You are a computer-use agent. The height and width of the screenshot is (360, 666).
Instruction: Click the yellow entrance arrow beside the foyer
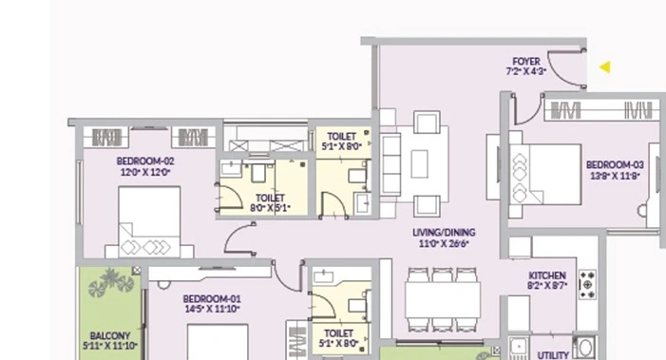click(606, 67)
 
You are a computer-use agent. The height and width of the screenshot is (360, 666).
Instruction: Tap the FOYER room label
click(526, 62)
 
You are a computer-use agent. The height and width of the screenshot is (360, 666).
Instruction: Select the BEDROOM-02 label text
click(145, 161)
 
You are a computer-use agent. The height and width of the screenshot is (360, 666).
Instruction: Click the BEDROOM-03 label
click(615, 164)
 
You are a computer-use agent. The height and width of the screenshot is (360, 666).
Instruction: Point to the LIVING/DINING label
click(444, 233)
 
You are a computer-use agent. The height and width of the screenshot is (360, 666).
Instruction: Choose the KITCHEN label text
click(547, 275)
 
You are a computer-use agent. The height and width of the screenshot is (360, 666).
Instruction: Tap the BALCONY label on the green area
click(110, 336)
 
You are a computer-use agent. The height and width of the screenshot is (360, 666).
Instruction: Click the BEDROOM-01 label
click(212, 299)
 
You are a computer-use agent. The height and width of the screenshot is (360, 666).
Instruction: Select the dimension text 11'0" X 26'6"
click(444, 244)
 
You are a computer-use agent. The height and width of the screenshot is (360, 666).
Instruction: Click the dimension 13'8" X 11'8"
click(615, 176)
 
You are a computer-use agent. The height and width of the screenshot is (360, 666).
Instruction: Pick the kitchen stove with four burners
click(588, 284)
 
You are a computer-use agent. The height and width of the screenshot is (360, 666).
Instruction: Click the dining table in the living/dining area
click(443, 300)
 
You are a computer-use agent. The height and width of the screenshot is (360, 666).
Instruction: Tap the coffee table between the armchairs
click(419, 163)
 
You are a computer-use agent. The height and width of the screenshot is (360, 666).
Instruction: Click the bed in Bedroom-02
click(149, 221)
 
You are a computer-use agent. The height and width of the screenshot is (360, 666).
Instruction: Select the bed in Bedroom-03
click(545, 175)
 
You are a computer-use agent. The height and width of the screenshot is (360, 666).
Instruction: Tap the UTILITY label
click(553, 355)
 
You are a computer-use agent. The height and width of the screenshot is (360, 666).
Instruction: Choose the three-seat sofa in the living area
click(390, 164)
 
